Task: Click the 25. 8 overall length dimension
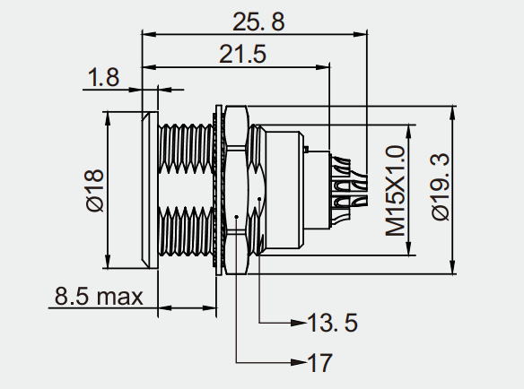click(258, 22)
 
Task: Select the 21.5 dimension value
click(242, 54)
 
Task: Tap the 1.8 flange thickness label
click(103, 77)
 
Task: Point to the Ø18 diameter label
click(95, 190)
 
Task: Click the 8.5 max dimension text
click(99, 296)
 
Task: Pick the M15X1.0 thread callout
click(396, 191)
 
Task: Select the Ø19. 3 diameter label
click(441, 186)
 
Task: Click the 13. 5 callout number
click(332, 323)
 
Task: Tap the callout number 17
click(319, 363)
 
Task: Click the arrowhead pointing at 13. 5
click(299, 323)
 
